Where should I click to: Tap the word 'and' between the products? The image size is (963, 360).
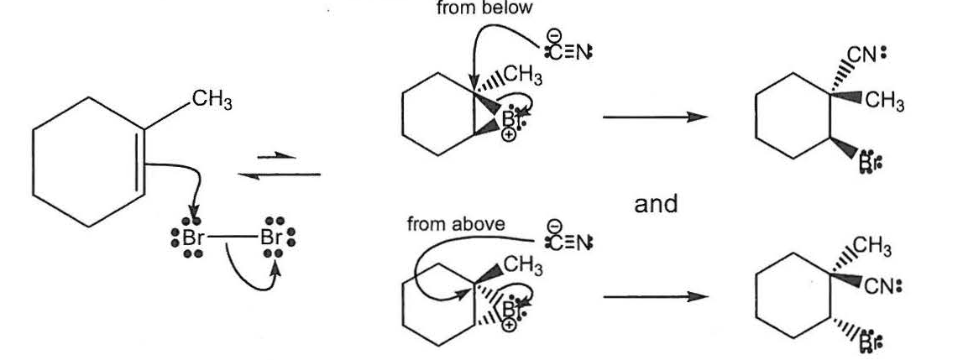pyautogui.click(x=656, y=204)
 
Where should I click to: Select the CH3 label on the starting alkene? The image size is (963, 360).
pyautogui.click(x=211, y=102)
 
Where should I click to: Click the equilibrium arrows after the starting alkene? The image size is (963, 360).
pyautogui.click(x=279, y=164)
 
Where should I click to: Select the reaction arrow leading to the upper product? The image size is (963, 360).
pyautogui.click(x=650, y=117)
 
